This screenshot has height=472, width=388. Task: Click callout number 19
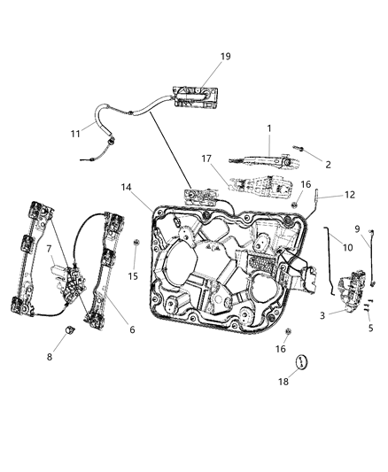[x=225, y=57]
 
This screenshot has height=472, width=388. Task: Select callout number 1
[x=268, y=128]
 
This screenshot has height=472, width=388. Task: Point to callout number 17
[x=207, y=160]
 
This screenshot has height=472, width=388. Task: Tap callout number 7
[x=49, y=249]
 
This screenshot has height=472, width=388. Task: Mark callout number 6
[x=132, y=329]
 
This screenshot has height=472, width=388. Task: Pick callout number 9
[x=357, y=228]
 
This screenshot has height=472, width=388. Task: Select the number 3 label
[x=322, y=314]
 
